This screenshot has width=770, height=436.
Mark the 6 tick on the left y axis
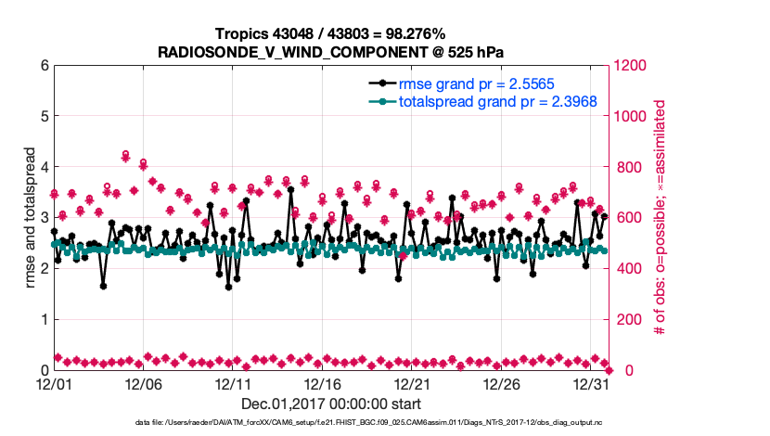43,66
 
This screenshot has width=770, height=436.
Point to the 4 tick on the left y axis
43,167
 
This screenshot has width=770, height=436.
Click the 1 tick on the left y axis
43,319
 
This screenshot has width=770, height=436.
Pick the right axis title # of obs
661,218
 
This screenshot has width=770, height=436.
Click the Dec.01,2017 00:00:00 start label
331,404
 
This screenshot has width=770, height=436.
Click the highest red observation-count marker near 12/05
125,154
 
